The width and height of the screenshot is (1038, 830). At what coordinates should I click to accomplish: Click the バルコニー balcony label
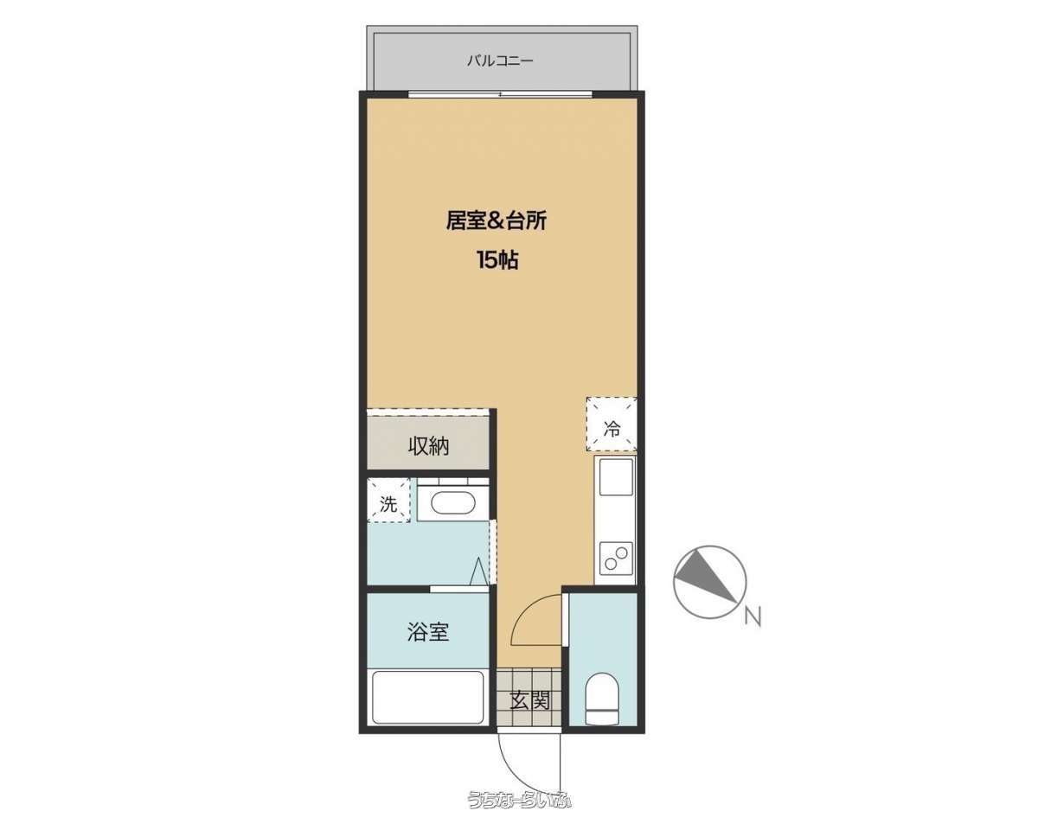(500, 61)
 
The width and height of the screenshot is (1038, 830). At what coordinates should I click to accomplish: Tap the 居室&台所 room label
(497, 220)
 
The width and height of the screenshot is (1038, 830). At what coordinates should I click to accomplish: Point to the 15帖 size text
(497, 260)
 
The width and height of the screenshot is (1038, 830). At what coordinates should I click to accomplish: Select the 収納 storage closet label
(428, 446)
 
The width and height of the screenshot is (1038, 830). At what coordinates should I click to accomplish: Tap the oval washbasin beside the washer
(453, 504)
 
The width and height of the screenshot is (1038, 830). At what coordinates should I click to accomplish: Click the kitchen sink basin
(616, 476)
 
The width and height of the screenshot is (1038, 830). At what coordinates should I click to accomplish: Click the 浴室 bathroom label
(428, 632)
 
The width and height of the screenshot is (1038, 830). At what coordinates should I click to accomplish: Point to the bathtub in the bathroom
(428, 698)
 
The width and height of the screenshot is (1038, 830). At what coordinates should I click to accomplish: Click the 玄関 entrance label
(529, 701)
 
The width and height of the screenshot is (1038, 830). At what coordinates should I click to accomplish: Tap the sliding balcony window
(501, 94)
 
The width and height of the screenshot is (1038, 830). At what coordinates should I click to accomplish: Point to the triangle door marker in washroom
(478, 571)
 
